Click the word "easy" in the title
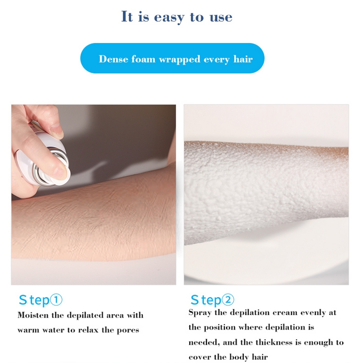[x=169, y=17]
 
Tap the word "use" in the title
[x=221, y=17]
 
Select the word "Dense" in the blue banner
[x=113, y=59]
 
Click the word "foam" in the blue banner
[x=144, y=59]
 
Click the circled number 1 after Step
[x=56, y=300]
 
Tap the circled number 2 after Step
[x=228, y=300]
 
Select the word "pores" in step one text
[x=128, y=331]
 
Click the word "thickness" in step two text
[x=274, y=342]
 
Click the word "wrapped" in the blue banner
[x=180, y=60]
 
